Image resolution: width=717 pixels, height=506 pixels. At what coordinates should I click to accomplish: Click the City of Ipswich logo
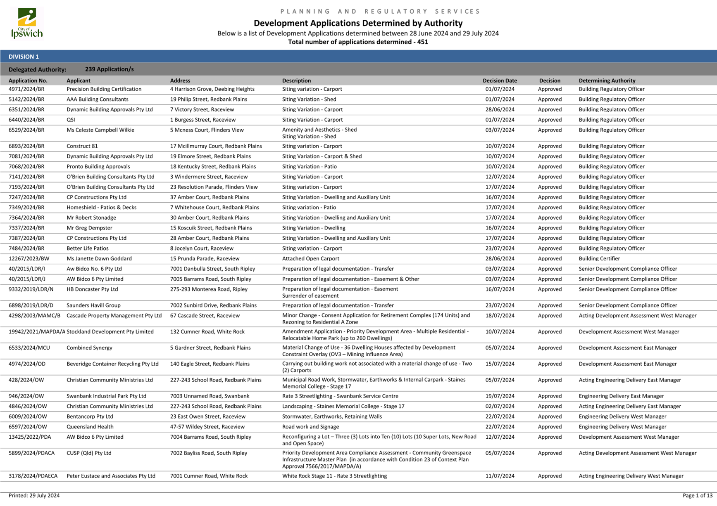coord(27,24)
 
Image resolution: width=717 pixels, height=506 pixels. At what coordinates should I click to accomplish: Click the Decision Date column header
coord(500,80)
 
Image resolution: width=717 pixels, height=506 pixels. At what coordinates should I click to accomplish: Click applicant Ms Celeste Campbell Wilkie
coord(100,130)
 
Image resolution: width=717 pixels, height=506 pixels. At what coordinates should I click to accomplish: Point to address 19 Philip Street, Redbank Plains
coord(208,99)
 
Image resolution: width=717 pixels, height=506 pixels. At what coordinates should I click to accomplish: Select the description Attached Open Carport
coord(310,259)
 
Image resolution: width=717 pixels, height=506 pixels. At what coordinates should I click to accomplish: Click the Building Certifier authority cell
coord(599,259)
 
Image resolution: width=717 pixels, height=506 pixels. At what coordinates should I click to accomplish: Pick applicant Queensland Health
coord(90,427)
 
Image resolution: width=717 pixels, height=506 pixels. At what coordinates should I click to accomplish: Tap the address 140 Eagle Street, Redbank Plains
coord(210,364)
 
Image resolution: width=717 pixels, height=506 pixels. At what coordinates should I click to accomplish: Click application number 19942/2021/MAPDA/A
coord(37,332)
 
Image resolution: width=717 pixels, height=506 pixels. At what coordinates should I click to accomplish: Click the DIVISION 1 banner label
coord(24,57)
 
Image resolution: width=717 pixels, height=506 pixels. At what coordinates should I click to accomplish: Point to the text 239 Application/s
coord(109,69)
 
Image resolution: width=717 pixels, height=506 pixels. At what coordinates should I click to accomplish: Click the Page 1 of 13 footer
coord(697,496)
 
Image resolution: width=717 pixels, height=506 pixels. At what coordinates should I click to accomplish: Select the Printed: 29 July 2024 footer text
coord(34,496)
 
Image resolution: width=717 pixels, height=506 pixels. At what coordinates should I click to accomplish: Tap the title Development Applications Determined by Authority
coord(358,23)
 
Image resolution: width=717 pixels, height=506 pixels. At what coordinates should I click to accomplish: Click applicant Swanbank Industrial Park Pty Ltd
coord(106,396)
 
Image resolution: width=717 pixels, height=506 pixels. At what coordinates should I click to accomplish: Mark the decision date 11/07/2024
coord(500,476)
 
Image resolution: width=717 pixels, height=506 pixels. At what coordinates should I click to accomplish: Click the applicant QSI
coord(71,120)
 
